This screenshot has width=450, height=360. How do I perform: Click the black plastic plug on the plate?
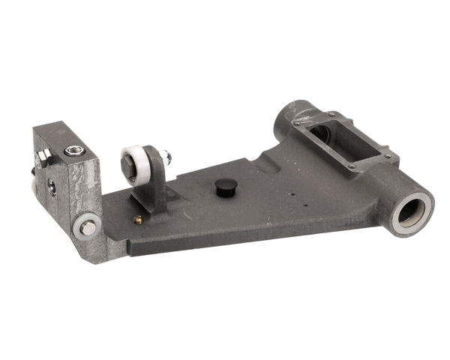tap(226, 186)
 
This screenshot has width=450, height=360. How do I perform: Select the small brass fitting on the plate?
tap(137, 220)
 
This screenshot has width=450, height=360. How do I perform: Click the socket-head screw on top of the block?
tap(74, 151)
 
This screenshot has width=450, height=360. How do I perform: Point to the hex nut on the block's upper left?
tap(44, 157)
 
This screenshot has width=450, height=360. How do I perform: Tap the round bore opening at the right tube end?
tap(412, 212)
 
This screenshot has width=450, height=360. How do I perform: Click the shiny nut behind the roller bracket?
tap(166, 157)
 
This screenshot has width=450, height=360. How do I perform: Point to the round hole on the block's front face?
tap(52, 187)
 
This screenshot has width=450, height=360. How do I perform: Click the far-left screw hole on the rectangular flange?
tap(297, 123)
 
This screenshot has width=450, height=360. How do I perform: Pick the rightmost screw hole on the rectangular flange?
tap(387, 156)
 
